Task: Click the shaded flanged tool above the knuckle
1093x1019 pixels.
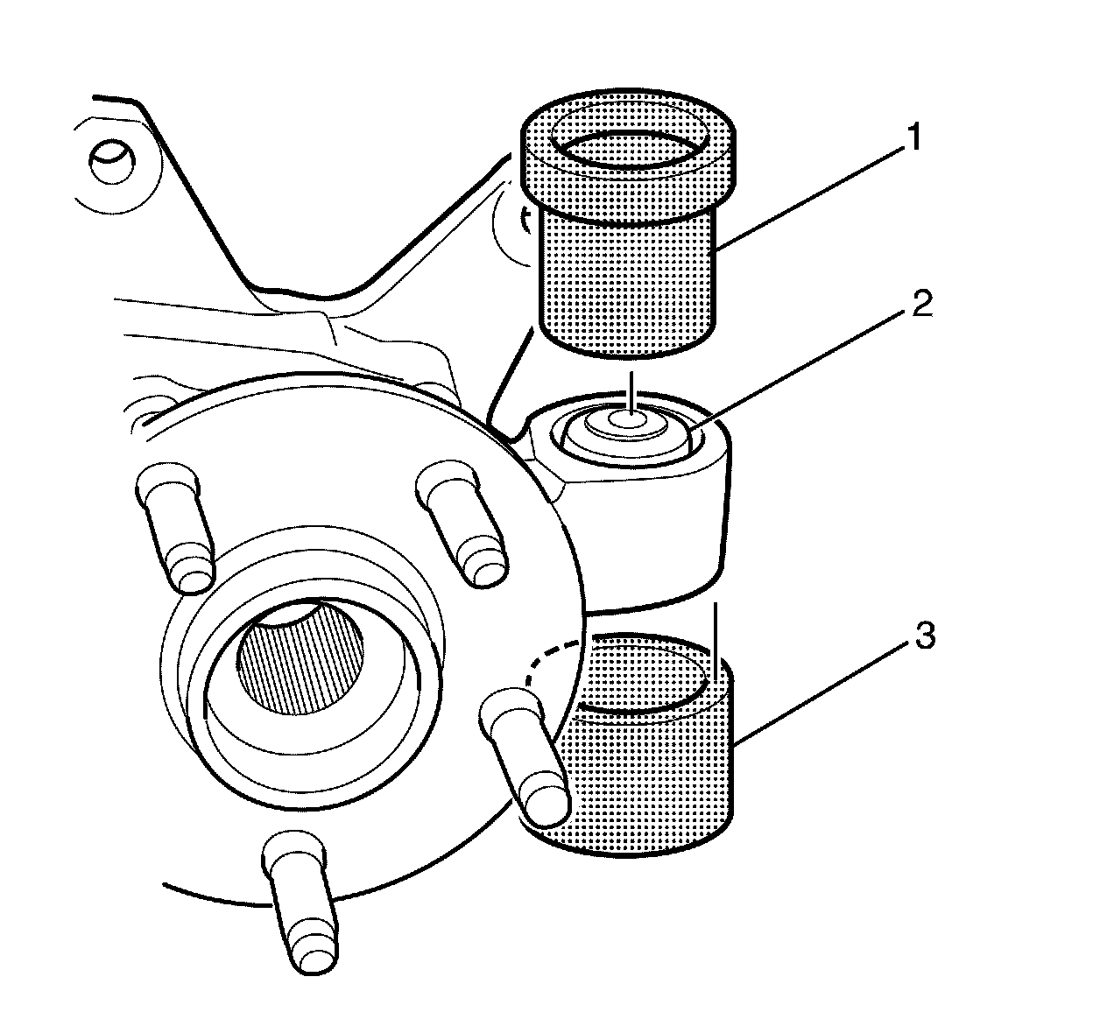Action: [x=627, y=223]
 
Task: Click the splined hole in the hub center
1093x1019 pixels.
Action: [x=300, y=657]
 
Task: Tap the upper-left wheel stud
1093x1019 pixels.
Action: [x=175, y=527]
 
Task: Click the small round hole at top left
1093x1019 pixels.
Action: [x=112, y=162]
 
